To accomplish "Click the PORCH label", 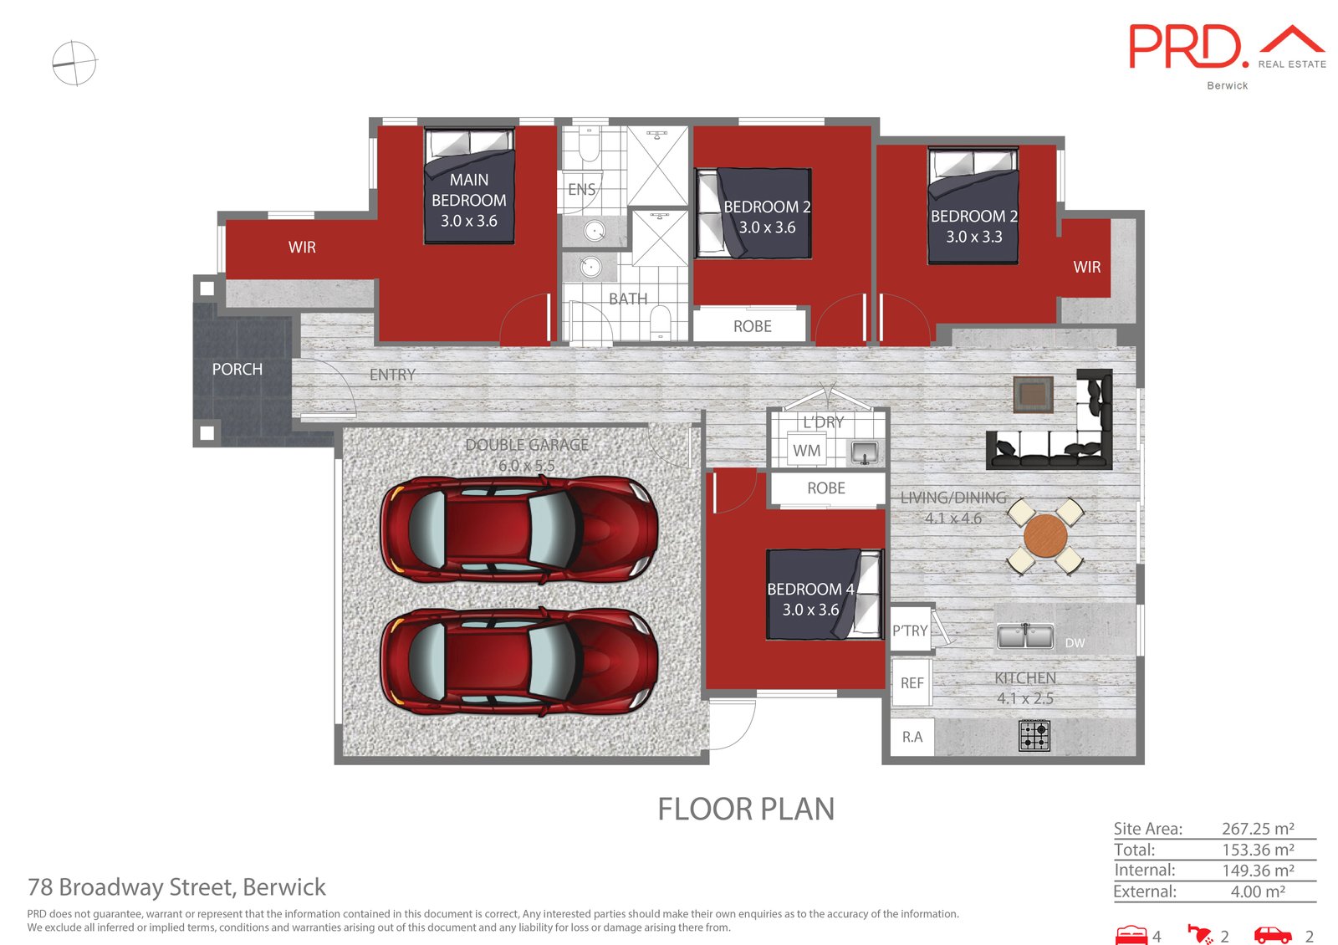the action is pyautogui.click(x=237, y=369).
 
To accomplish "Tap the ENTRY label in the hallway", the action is pyautogui.click(x=392, y=375).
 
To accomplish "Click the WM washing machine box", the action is pyautogui.click(x=806, y=451).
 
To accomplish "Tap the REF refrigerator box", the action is pyautogui.click(x=912, y=682).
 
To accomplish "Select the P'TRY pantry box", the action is pyautogui.click(x=910, y=631).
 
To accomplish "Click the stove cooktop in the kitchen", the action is pyautogui.click(x=1034, y=735).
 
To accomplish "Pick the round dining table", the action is pyautogui.click(x=1045, y=536).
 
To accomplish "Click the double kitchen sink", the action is pyautogui.click(x=1025, y=636).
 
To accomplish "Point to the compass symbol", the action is pyautogui.click(x=74, y=63).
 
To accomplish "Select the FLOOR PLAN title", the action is pyautogui.click(x=746, y=810).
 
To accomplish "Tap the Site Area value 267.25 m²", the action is pyautogui.click(x=1258, y=829).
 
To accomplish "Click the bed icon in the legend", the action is pyautogui.click(x=1131, y=935).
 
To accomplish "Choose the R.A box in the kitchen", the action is pyautogui.click(x=912, y=737).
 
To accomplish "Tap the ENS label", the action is pyautogui.click(x=582, y=189).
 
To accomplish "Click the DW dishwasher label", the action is pyautogui.click(x=1075, y=643).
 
